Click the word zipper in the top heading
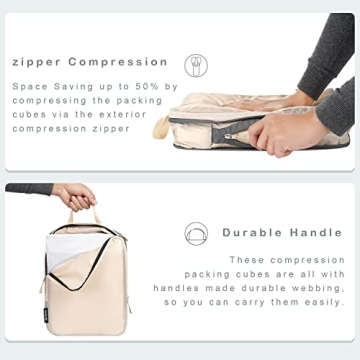36,61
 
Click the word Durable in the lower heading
253,232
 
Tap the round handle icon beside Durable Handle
197,233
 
